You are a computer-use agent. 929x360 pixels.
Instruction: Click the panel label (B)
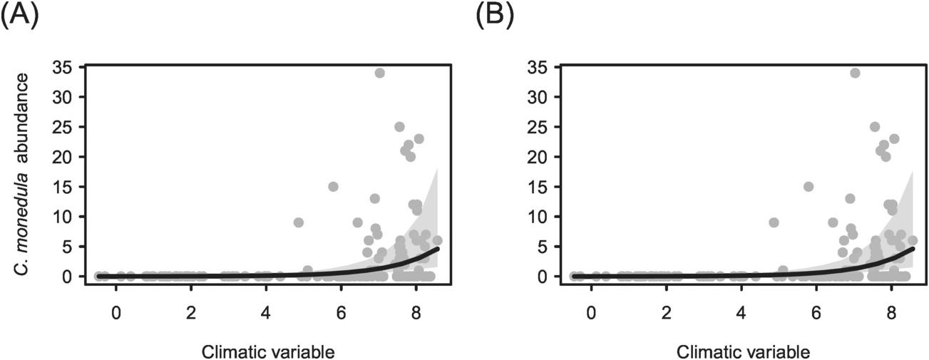pyautogui.click(x=493, y=14)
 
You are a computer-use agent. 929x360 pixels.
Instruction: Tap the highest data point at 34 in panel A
pyautogui.click(x=379, y=73)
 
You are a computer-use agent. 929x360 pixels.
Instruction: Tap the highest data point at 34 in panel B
pyautogui.click(x=855, y=73)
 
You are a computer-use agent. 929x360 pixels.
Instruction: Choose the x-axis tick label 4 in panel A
pyautogui.click(x=266, y=312)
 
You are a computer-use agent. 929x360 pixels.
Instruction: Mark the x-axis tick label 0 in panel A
pyautogui.click(x=116, y=312)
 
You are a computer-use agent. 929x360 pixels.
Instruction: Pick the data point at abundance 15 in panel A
pyautogui.click(x=333, y=187)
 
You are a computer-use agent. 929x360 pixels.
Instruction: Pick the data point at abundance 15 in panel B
pyautogui.click(x=809, y=187)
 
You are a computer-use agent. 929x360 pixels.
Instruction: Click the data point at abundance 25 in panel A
pyautogui.click(x=399, y=127)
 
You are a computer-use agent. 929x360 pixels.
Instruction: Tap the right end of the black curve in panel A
pyautogui.click(x=437, y=248)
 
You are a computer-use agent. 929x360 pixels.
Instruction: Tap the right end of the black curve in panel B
pyautogui.click(x=913, y=248)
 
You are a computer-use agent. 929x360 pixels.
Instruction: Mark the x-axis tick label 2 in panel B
pyautogui.click(x=666, y=312)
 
